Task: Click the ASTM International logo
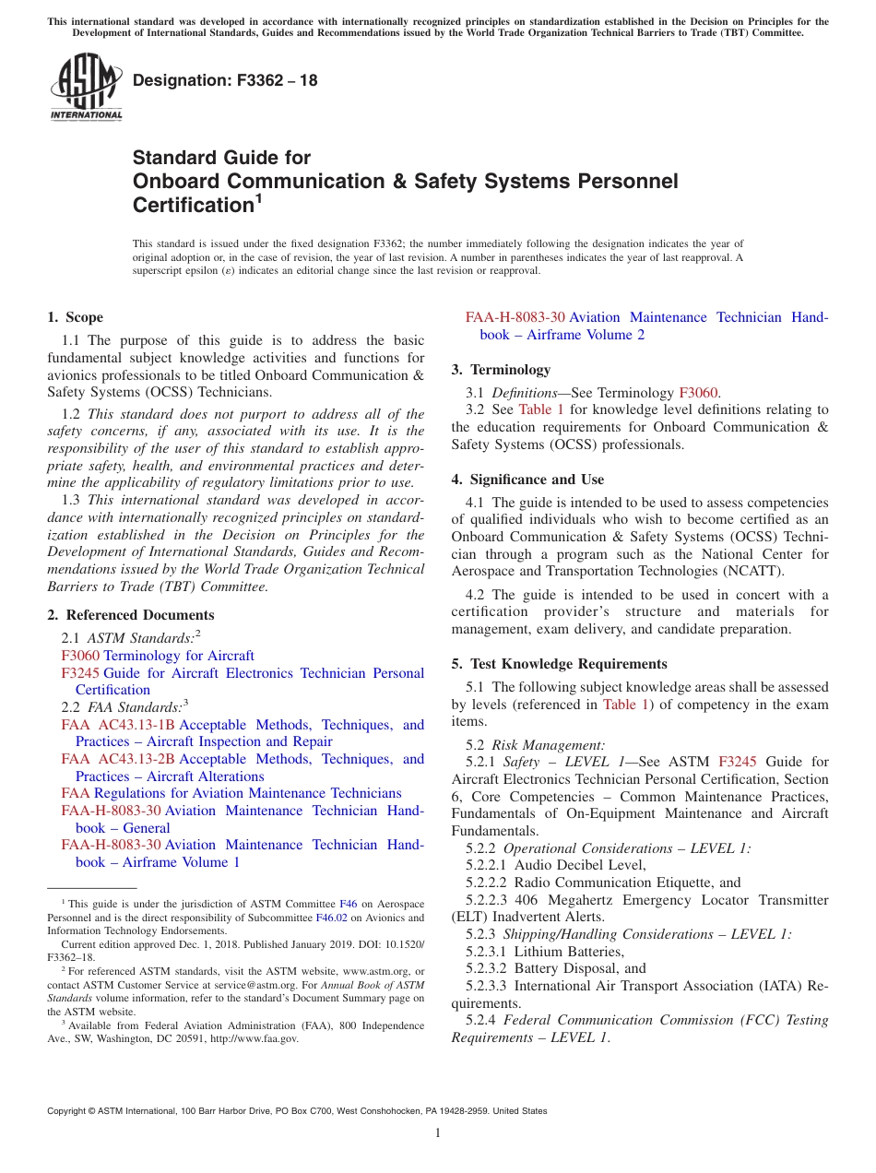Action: click(86, 88)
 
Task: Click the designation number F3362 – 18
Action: click(225, 81)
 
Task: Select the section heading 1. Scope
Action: click(76, 317)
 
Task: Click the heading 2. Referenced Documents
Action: click(131, 615)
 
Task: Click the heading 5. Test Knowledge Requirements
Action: click(559, 664)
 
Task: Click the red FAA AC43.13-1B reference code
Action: click(118, 725)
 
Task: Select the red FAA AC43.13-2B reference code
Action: click(118, 759)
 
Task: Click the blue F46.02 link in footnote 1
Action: click(331, 918)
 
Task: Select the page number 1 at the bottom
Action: click(438, 1133)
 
